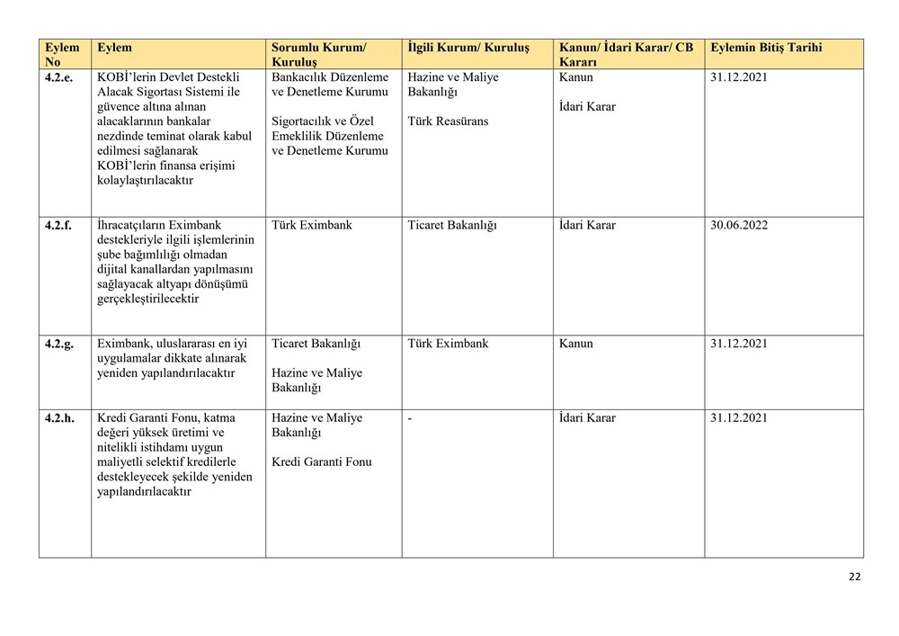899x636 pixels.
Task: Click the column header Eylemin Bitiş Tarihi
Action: tap(765, 48)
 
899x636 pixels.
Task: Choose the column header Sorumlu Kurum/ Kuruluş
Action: tap(319, 55)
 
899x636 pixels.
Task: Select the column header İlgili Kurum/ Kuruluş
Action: tap(468, 48)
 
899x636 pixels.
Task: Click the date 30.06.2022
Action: tap(739, 225)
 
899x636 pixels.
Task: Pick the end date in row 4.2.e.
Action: tap(739, 77)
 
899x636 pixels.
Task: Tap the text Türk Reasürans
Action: tap(448, 121)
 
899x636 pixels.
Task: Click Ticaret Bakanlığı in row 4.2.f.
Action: tap(452, 225)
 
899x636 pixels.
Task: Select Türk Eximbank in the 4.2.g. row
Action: tap(448, 344)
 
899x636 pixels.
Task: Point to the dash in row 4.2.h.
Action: tap(410, 418)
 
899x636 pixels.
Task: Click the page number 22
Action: tap(854, 577)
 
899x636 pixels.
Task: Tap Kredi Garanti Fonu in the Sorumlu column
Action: tap(321, 462)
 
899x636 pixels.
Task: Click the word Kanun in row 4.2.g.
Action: tap(575, 344)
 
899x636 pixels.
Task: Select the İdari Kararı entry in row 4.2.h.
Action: tap(587, 418)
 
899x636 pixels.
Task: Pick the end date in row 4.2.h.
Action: tap(739, 418)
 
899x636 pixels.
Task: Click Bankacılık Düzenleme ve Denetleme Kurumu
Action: tap(330, 85)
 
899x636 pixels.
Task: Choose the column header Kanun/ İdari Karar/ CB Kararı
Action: tap(626, 55)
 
